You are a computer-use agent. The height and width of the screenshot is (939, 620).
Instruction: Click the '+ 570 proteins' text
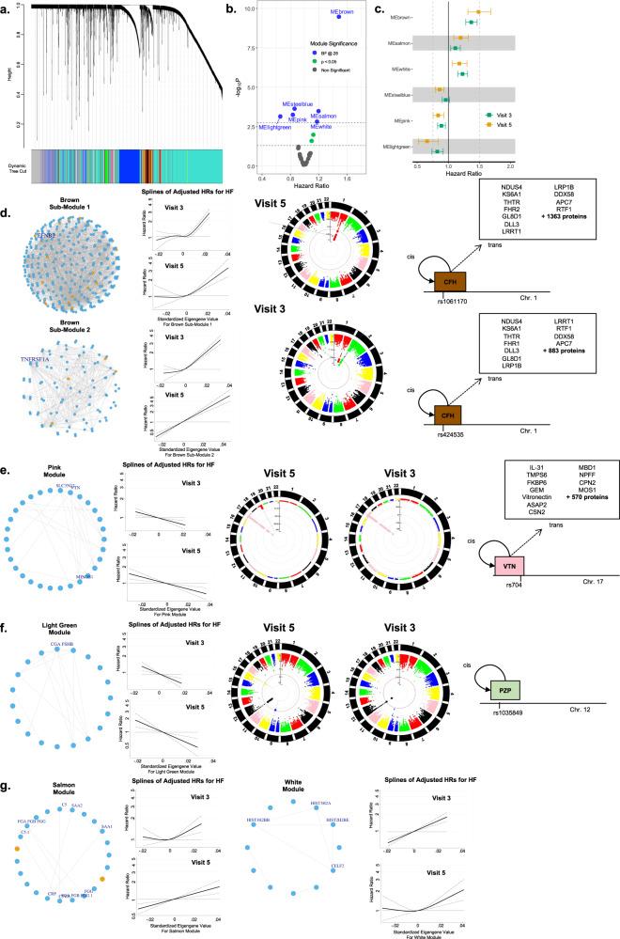tap(568, 515)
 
